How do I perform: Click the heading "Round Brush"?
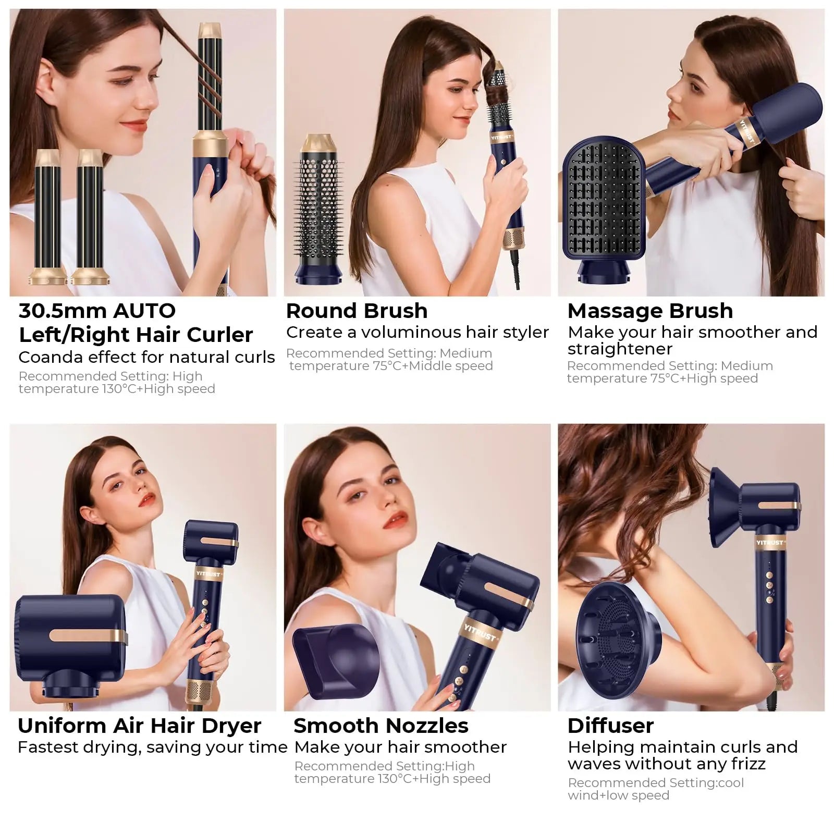(357, 311)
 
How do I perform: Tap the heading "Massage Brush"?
(650, 311)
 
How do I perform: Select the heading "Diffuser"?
(610, 726)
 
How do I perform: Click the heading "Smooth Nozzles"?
(381, 726)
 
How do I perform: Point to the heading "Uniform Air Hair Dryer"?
(139, 726)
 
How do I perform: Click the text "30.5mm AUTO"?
(97, 311)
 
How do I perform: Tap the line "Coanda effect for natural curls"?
(146, 357)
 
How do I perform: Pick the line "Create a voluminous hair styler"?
(417, 332)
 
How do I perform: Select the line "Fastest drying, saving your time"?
(152, 747)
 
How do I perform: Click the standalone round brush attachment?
(318, 208)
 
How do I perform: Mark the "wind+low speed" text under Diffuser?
(618, 795)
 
